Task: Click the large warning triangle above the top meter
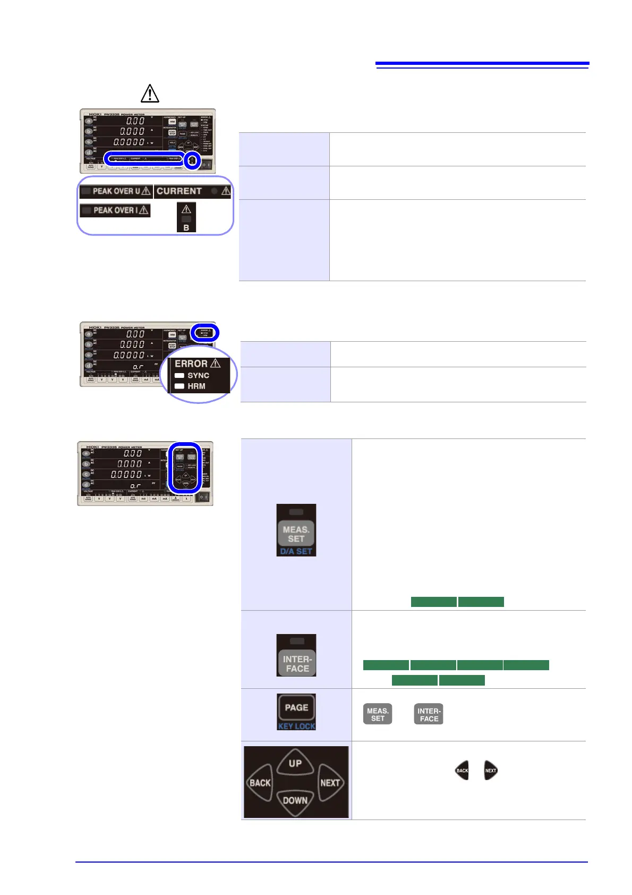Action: pyautogui.click(x=150, y=94)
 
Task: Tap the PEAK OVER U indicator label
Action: pyautogui.click(x=116, y=191)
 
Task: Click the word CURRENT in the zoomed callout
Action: pyautogui.click(x=179, y=191)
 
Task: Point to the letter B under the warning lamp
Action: pyautogui.click(x=186, y=227)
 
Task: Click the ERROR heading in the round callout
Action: pyautogui.click(x=191, y=364)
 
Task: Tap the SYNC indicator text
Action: pyautogui.click(x=198, y=375)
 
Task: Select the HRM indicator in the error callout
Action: pyautogui.click(x=196, y=386)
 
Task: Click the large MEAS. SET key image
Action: pyautogui.click(x=296, y=534)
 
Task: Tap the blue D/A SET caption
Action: pyautogui.click(x=296, y=552)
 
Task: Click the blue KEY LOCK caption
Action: pyautogui.click(x=296, y=726)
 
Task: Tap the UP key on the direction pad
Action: pyautogui.click(x=295, y=763)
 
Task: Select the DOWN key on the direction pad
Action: pyautogui.click(x=295, y=800)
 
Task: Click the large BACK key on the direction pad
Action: pyautogui.click(x=260, y=783)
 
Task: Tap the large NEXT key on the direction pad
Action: pyautogui.click(x=330, y=783)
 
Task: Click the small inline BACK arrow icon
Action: pyautogui.click(x=462, y=771)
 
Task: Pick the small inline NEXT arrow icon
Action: pyautogui.click(x=491, y=771)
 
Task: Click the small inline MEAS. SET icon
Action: pyautogui.click(x=378, y=714)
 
